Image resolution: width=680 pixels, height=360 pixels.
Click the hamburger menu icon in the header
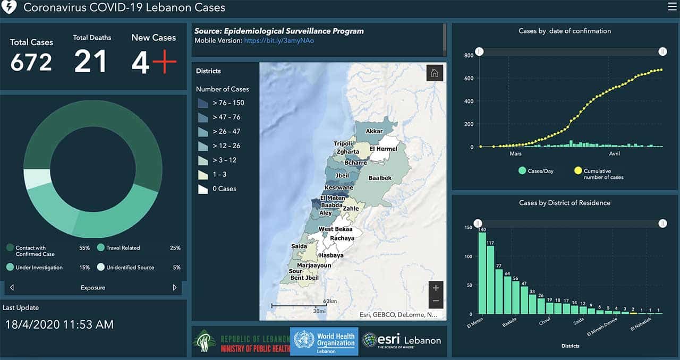click(x=672, y=7)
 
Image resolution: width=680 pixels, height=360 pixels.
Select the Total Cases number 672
click(x=31, y=62)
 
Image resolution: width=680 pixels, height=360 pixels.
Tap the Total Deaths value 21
click(x=90, y=61)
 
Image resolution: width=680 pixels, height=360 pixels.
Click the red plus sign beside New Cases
click(x=164, y=63)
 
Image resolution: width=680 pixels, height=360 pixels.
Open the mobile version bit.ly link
click(x=279, y=40)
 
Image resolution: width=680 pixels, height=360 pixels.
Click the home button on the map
click(x=435, y=73)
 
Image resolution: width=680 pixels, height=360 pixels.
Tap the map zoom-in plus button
click(x=436, y=288)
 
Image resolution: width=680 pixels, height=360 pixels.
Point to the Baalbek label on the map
click(x=380, y=178)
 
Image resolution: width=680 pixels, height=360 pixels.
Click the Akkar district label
click(x=374, y=131)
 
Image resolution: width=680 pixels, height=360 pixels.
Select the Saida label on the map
click(x=299, y=246)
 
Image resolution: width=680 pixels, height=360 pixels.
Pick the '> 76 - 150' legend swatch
click(x=203, y=103)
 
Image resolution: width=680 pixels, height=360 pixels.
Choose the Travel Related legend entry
click(x=123, y=248)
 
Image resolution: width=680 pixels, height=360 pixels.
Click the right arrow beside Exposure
click(x=174, y=288)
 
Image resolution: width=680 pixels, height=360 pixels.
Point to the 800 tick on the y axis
click(x=469, y=55)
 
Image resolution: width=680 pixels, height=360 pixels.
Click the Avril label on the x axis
click(x=615, y=154)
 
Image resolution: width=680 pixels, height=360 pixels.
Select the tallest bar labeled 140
click(x=482, y=273)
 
